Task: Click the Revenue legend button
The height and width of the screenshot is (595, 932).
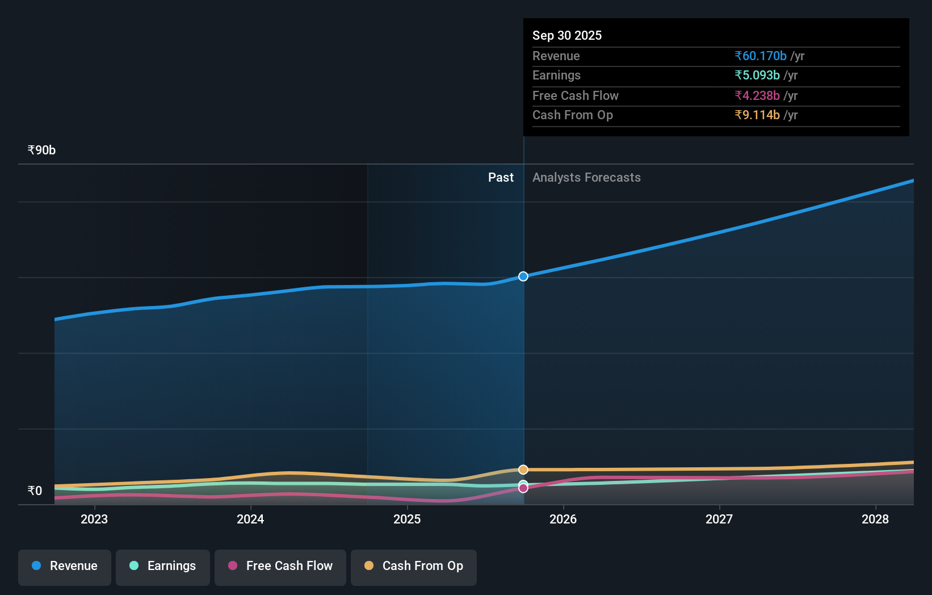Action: [x=65, y=566]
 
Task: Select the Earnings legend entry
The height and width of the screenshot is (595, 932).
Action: [x=163, y=566]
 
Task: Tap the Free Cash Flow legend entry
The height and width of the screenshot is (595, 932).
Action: [x=280, y=566]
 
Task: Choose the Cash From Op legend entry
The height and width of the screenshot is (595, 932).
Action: [x=414, y=566]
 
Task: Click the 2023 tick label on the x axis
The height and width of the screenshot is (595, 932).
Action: [x=94, y=519]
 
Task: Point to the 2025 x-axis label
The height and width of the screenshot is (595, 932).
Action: [x=407, y=519]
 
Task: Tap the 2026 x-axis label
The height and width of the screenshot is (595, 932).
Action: [x=563, y=519]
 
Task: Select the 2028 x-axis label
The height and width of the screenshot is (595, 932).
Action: [x=875, y=519]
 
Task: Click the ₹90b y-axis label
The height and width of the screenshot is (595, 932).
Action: [x=41, y=150]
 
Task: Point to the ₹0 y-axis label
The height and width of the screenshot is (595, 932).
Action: [x=35, y=491]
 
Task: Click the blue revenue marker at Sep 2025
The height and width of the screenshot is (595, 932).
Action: [x=523, y=276]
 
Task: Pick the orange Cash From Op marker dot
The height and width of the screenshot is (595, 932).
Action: [x=523, y=470]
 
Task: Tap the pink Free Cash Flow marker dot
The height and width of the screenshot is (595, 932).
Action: [x=523, y=488]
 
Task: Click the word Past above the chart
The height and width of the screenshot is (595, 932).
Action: [x=501, y=178]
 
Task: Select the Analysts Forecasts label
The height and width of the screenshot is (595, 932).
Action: [x=586, y=178]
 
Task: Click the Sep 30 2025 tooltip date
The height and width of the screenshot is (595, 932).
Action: [x=567, y=36]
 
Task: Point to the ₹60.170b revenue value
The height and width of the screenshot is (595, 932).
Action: [x=761, y=56]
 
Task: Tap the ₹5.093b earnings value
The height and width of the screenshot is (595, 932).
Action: [x=757, y=76]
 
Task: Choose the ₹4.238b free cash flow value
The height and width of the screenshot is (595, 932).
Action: [x=757, y=96]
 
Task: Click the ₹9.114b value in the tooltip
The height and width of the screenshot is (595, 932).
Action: [x=757, y=115]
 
